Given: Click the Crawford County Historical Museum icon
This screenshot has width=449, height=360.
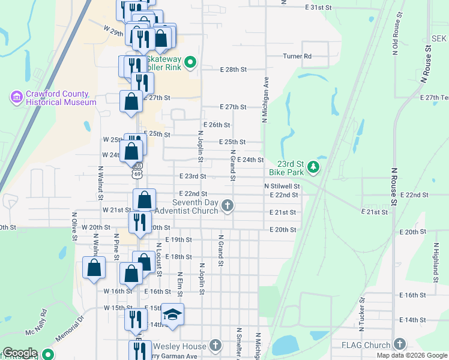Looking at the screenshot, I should tap(16, 96).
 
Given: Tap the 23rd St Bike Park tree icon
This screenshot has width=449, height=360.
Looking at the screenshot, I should tap(313, 166).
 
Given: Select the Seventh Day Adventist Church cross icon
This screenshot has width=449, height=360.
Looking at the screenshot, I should tap(227, 206).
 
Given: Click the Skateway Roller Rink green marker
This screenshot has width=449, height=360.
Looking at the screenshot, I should tap(190, 61).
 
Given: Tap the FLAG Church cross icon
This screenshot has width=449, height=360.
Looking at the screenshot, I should tap(399, 344).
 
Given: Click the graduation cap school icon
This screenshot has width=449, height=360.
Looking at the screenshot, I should tap(172, 315).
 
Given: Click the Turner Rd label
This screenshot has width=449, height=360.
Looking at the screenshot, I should tap(298, 56).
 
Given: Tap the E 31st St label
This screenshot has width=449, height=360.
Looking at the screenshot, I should tap(318, 7).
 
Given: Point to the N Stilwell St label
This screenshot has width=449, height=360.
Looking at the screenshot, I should tap(282, 187).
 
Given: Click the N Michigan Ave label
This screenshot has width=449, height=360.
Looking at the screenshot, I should tap(264, 100).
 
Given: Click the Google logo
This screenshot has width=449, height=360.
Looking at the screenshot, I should tap(20, 353).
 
